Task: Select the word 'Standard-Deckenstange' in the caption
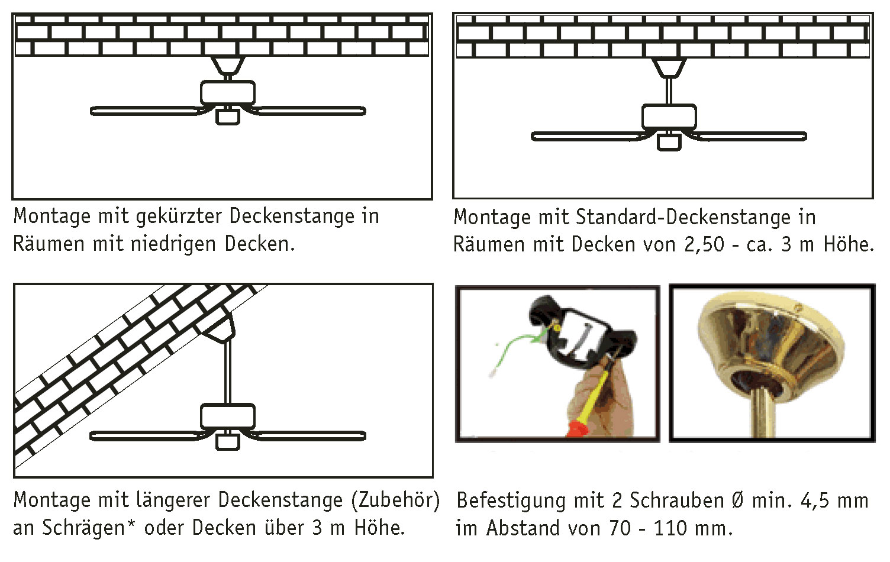[x=683, y=218]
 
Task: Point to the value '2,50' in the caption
[x=704, y=245]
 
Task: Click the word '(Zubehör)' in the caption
[x=395, y=500]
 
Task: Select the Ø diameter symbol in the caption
[x=737, y=501]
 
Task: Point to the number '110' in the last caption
[x=671, y=528]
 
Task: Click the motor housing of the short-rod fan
[x=228, y=93]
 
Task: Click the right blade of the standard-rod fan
[x=752, y=137]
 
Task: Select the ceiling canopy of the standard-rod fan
[x=669, y=67]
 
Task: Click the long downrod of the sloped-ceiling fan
[x=228, y=373]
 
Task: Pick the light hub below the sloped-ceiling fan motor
[x=228, y=441]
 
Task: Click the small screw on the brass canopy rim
[x=799, y=307]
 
